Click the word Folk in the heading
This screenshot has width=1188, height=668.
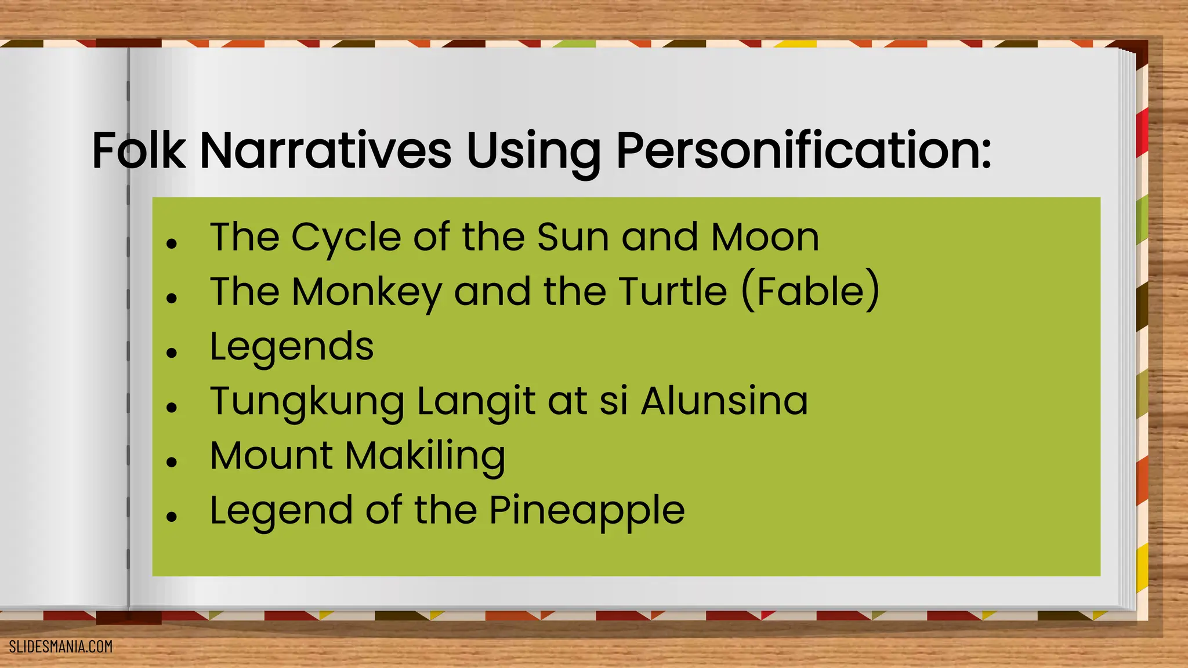point(139,151)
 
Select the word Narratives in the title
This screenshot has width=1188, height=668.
point(325,151)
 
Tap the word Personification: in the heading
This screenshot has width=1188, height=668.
point(803,151)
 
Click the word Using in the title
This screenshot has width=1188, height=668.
point(533,152)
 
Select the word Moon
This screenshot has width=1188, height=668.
point(765,237)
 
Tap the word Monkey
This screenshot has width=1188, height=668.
point(367,292)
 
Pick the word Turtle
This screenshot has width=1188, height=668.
point(673,291)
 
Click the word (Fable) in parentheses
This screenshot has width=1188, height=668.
point(810,291)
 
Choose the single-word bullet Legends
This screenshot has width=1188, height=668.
point(292,347)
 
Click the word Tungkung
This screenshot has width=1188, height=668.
point(307,402)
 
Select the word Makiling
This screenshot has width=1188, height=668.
point(425,456)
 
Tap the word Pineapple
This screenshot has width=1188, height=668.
point(586,511)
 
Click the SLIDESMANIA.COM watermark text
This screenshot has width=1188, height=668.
point(61,647)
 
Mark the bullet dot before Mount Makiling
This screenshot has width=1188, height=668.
point(171,462)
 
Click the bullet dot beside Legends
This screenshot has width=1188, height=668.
point(171,353)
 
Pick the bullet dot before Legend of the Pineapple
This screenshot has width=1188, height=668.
point(171,516)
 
